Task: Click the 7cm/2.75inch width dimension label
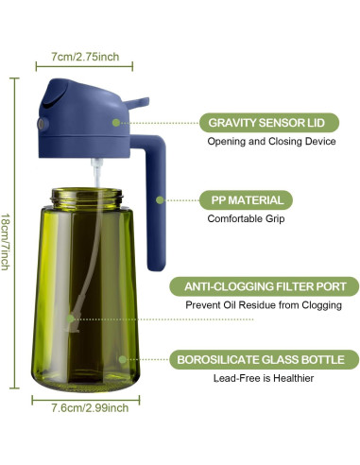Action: (86, 57)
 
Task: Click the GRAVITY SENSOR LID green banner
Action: (267, 123)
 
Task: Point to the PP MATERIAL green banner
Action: (243, 200)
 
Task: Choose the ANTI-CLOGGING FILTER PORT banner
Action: (264, 286)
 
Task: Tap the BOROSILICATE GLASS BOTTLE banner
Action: (264, 359)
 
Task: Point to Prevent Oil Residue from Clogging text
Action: (264, 305)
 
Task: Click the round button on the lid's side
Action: (42, 125)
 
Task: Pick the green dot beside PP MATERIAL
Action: (162, 200)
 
